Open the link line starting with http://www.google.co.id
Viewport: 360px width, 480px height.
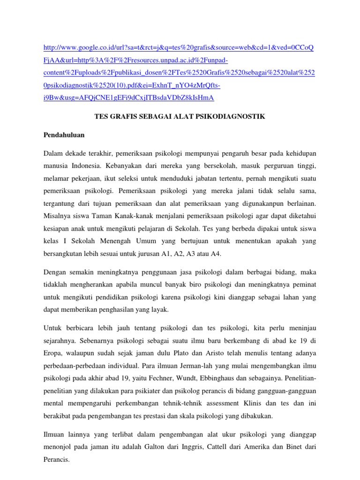click(x=179, y=48)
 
